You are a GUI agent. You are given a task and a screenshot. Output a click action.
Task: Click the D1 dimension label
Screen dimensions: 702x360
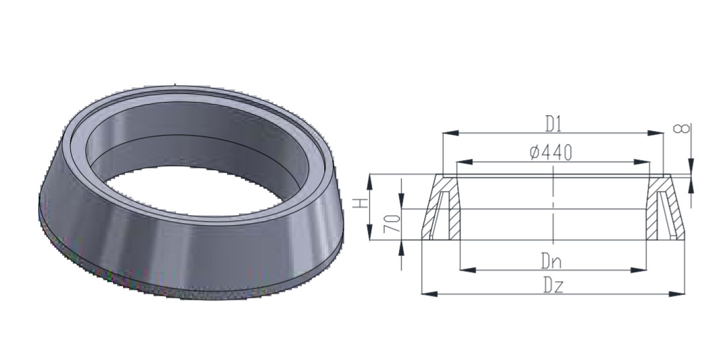coord(553,124)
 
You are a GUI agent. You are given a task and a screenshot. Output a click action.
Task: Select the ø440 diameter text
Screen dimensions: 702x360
coord(550,153)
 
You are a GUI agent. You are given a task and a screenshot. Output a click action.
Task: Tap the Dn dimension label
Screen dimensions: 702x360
coord(551,261)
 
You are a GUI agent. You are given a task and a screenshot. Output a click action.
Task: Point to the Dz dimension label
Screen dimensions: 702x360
coord(553,285)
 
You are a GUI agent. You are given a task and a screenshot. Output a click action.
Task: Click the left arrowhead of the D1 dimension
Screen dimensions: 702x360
coord(451,133)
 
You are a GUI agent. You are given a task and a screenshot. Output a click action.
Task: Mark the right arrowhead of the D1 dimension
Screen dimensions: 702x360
coord(656,133)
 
